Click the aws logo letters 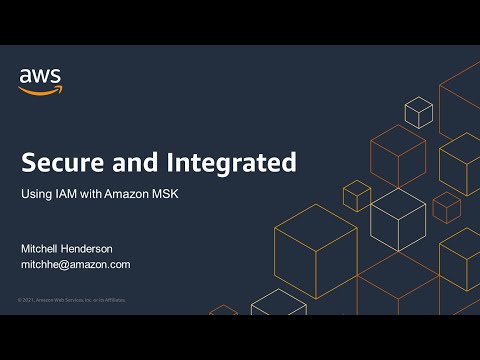(39, 76)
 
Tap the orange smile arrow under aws (40, 90)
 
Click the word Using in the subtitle (36, 191)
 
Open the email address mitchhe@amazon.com (76, 264)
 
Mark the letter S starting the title (29, 161)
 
